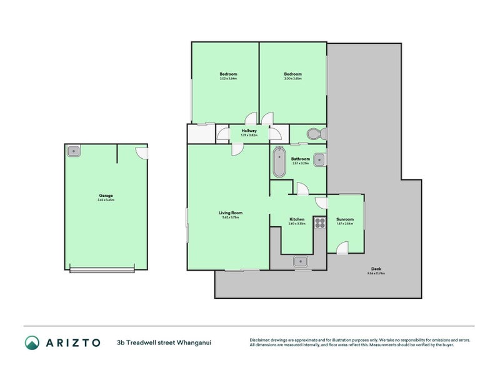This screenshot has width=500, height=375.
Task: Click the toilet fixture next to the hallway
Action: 313,134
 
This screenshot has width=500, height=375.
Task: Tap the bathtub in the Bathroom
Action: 278,162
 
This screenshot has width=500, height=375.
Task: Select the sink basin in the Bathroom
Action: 319,160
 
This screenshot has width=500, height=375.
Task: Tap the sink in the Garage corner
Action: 74,151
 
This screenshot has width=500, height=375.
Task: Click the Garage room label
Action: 106,196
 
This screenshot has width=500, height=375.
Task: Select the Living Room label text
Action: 231,212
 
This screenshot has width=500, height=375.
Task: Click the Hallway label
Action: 249,131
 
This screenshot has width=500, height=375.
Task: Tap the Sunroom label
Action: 345,219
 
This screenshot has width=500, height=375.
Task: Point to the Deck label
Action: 376,269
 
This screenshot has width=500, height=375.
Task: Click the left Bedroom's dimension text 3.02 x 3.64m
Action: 228,79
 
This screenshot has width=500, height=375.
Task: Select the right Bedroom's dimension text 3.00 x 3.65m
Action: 292,79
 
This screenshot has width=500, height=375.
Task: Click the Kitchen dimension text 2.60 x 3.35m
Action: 297,224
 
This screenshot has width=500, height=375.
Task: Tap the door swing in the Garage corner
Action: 142,152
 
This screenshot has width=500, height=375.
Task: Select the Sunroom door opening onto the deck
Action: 342,249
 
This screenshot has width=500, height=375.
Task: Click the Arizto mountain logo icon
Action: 32,342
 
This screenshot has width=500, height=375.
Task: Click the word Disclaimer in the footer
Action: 261,340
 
